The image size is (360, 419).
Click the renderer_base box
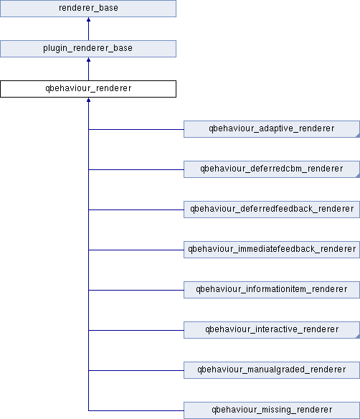click(88, 9)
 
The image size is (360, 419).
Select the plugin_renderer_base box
click(88, 49)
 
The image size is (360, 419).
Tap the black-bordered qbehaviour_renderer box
click(88, 89)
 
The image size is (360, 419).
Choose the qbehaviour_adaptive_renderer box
click(272, 129)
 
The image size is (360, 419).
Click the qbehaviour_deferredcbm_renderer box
click(272, 169)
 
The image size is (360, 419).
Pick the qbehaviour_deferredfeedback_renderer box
click(272, 209)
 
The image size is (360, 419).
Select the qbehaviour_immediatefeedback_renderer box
click(272, 250)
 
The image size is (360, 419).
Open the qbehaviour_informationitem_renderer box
click(272, 290)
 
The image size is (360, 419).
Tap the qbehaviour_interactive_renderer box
click(272, 330)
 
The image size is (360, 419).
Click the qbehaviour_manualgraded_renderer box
click(272, 370)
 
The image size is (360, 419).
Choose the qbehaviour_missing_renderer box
click(272, 410)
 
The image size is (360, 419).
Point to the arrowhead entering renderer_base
click(88, 19)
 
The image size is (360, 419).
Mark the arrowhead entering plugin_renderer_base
click(88, 60)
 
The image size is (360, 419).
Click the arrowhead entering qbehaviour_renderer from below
click(88, 100)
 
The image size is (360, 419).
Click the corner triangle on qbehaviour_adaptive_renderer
click(358, 136)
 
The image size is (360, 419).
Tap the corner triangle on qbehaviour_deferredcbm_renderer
click(358, 176)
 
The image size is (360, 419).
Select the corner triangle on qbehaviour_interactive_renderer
click(358, 336)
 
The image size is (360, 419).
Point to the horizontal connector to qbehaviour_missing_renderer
click(136, 410)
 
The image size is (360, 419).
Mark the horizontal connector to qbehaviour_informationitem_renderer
click(136, 290)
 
